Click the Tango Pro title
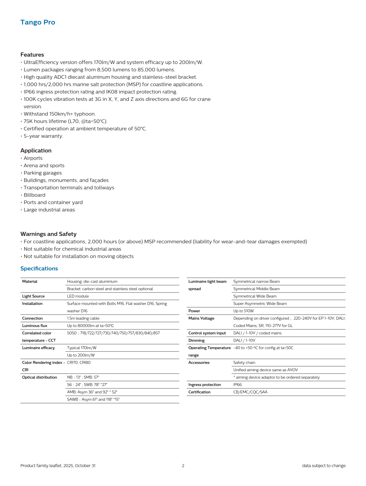point(38,22)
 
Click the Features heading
point(32,55)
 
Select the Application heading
point(36,150)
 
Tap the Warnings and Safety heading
point(48,234)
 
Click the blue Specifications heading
point(39,268)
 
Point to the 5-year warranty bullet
point(43,136)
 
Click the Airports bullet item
point(33,158)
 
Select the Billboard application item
point(35,195)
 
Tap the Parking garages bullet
point(43,173)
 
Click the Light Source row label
point(33,296)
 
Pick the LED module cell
point(78,296)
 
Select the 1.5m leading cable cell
point(83,318)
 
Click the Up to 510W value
point(244,311)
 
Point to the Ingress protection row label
point(205,385)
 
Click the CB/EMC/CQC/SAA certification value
point(250,392)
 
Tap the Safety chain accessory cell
point(244,362)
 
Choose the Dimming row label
point(196,340)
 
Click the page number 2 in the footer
point(183,466)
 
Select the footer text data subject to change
point(324,466)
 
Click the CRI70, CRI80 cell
point(79,362)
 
